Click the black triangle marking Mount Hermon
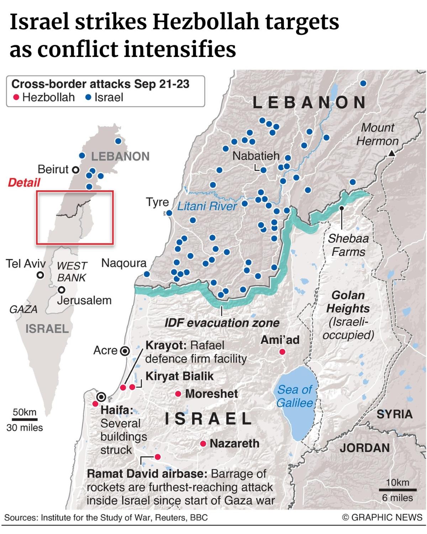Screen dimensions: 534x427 [391, 154]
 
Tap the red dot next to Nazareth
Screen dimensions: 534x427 [203, 444]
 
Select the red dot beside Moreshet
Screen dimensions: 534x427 [178, 394]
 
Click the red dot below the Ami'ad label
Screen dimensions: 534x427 [282, 352]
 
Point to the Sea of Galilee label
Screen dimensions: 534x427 [295, 396]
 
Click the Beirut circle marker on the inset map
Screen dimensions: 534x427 [75, 169]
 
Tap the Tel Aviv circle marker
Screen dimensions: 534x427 [41, 275]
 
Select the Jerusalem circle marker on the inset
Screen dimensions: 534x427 [62, 289]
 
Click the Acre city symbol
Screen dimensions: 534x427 [125, 351]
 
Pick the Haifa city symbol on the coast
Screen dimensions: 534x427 [102, 396]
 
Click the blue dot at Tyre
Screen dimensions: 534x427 [169, 213]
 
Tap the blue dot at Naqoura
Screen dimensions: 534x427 [147, 274]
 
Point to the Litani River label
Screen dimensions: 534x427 [207, 206]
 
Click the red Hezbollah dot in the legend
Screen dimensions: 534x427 [16, 97]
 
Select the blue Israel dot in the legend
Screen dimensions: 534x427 [89, 97]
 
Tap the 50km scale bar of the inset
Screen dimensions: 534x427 [24, 419]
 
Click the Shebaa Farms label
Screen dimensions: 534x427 [348, 245]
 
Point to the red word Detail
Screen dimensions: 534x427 [24, 183]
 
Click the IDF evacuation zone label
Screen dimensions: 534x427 [222, 323]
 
